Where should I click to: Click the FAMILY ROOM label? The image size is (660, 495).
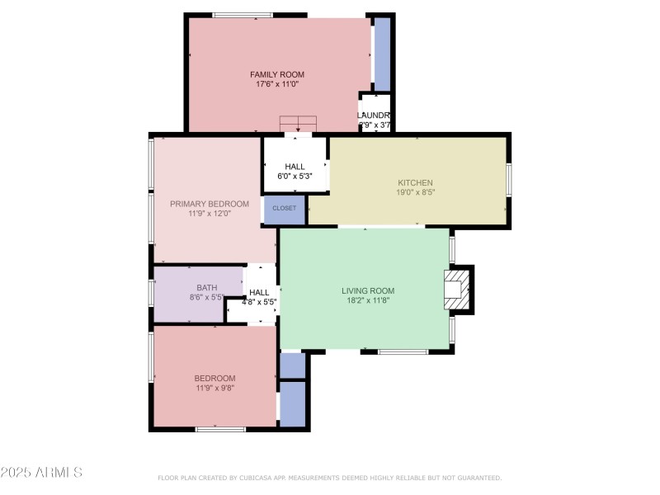(276, 74)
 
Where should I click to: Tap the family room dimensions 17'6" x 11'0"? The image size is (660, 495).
(276, 84)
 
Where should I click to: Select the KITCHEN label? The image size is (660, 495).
(415, 182)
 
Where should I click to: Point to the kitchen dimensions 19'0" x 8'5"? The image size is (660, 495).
(415, 192)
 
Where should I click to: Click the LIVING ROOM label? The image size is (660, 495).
(368, 290)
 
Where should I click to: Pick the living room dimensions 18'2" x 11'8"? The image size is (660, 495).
(368, 301)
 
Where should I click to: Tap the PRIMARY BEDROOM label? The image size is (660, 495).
(210, 204)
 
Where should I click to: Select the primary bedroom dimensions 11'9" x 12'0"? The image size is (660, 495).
(210, 214)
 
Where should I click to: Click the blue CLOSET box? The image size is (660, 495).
(285, 209)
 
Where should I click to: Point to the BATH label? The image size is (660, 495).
(206, 287)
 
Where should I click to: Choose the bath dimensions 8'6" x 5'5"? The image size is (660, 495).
(206, 297)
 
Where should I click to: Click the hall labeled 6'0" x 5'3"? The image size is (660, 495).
(295, 171)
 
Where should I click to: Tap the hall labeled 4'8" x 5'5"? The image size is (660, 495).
(259, 297)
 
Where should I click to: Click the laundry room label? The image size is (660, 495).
(374, 115)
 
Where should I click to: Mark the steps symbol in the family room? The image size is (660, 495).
(297, 124)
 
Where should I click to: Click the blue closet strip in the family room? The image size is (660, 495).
(382, 54)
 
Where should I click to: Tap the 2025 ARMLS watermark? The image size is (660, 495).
(41, 473)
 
